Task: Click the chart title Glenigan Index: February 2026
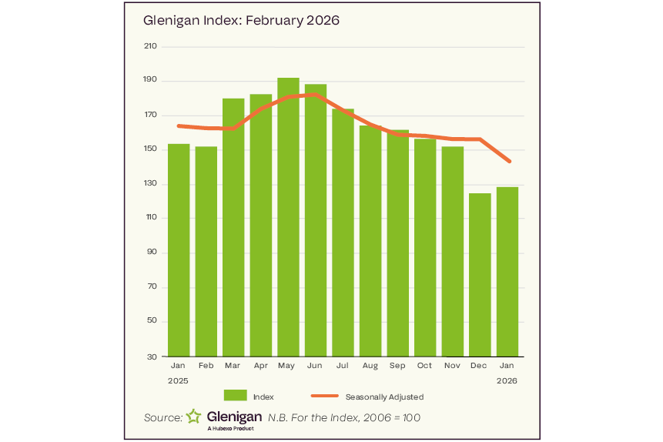click(241, 21)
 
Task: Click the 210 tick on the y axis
click(150, 46)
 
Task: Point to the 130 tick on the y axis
click(150, 184)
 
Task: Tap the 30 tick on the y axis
click(152, 357)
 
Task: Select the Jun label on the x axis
click(315, 366)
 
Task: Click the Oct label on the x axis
click(424, 366)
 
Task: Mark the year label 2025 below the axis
click(178, 380)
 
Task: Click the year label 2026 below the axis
click(507, 380)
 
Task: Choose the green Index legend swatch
click(235, 396)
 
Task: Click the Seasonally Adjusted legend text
click(384, 397)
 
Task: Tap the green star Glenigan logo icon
click(193, 417)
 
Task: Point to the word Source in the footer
click(162, 417)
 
